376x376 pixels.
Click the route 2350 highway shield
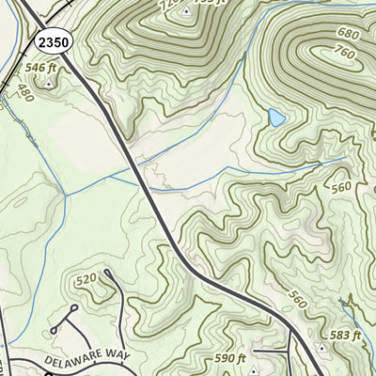(x=52, y=41)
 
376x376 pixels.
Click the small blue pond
(x=276, y=117)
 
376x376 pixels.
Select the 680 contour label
(x=346, y=35)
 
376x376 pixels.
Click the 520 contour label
(x=86, y=279)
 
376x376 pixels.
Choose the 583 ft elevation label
(x=345, y=335)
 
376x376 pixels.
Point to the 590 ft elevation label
(x=229, y=358)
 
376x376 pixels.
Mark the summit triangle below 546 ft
(x=48, y=83)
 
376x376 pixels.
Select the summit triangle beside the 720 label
(x=186, y=11)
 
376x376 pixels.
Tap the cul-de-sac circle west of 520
(x=55, y=331)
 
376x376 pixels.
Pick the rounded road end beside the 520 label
(x=106, y=273)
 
